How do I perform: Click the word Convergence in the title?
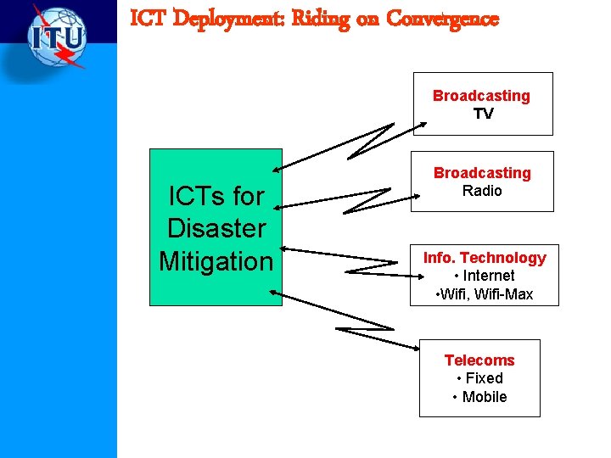[x=442, y=19]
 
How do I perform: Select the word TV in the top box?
[x=483, y=114]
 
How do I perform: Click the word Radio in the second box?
[x=482, y=191]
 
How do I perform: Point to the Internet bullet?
[x=485, y=276]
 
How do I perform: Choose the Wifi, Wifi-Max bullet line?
[x=484, y=294]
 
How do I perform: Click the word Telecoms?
[x=479, y=360]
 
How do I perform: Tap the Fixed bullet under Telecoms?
[x=479, y=378]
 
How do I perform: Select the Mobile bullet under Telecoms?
[x=479, y=397]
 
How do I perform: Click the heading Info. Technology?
[x=485, y=257]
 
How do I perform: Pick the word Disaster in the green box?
[x=216, y=228]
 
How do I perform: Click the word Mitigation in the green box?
[x=216, y=260]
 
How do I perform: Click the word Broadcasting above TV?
[x=481, y=96]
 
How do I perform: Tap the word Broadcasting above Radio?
[x=482, y=173]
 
